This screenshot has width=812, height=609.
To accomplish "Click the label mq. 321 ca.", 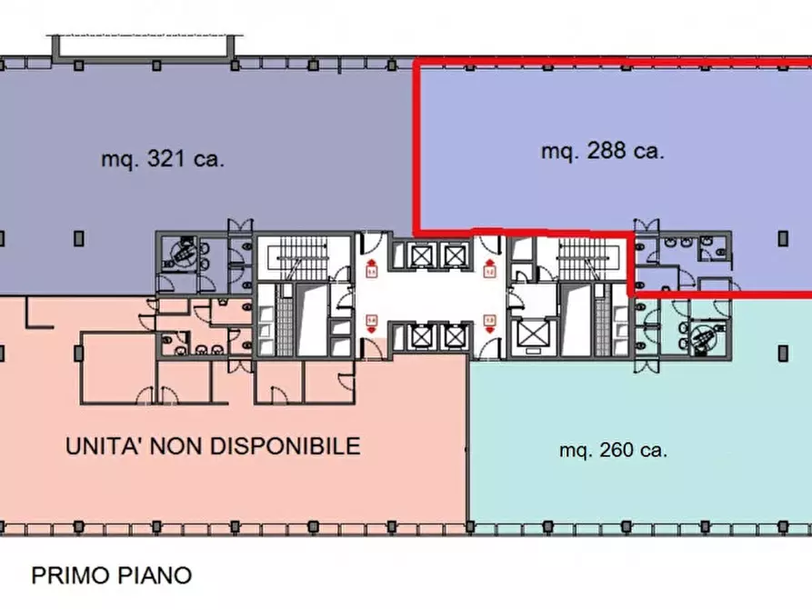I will point(163,160).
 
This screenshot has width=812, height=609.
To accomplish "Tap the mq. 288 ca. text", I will point(603,152).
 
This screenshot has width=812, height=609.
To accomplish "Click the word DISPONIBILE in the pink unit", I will point(286,446).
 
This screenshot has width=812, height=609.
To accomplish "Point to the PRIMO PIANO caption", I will point(112,575).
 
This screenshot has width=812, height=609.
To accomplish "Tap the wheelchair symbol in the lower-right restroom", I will point(704,339).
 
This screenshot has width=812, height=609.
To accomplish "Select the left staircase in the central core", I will point(302,258).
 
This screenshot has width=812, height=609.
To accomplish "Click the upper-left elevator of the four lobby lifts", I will point(422,255).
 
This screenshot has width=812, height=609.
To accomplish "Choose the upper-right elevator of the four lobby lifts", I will point(454,255).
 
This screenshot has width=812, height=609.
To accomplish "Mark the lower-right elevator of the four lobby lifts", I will point(454,337).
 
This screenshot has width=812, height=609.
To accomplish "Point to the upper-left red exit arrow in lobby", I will point(372,268).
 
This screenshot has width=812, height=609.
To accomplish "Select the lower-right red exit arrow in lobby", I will point(490,322).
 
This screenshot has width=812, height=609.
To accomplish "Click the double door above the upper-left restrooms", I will point(238,226).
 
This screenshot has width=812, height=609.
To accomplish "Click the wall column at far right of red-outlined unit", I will point(784,238).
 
